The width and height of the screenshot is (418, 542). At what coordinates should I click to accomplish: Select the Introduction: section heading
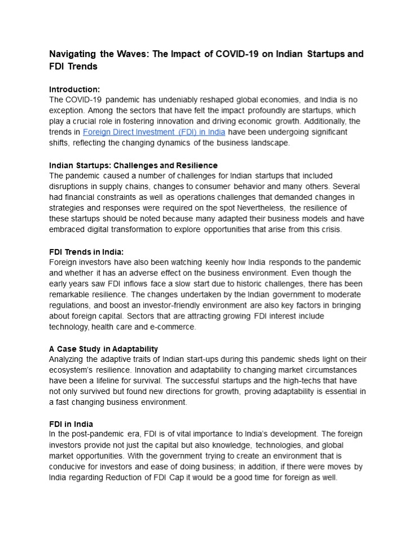(x=74, y=89)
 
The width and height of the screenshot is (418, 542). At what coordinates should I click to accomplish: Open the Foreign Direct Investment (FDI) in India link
(x=154, y=132)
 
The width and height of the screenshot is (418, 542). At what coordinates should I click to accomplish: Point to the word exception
(x=68, y=111)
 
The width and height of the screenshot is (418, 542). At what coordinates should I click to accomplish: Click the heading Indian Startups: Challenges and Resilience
(x=133, y=165)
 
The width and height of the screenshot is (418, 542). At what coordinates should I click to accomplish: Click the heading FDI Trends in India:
(x=86, y=252)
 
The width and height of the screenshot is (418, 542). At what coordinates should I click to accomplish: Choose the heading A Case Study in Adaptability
(x=104, y=349)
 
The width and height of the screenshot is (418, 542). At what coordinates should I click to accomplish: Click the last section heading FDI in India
(x=71, y=424)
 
